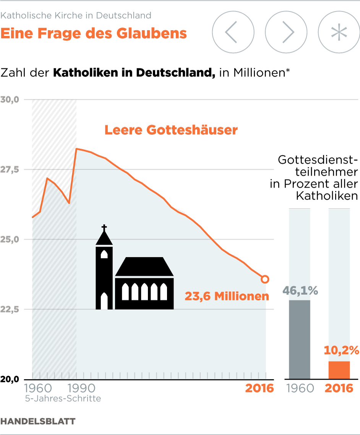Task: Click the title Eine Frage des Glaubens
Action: tap(94, 34)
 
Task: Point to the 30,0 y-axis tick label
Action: tap(10, 100)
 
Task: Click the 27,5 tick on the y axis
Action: tap(10, 170)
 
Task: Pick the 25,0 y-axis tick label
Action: tap(10, 240)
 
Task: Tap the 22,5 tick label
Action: tap(10, 310)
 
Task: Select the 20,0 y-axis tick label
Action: tap(10, 380)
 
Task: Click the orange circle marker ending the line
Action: tap(265, 279)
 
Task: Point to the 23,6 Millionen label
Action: tap(227, 296)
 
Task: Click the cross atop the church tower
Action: tap(104, 228)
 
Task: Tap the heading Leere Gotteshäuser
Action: tap(171, 130)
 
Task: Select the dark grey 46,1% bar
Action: tap(299, 339)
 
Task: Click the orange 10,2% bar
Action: tap(339, 370)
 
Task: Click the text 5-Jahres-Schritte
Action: tap(63, 399)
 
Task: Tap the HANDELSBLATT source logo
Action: tap(38, 421)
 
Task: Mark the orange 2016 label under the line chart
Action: tap(259, 388)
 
